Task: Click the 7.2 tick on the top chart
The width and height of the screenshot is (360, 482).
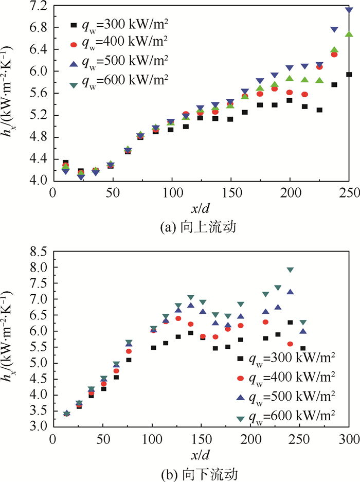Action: [x=39, y=6]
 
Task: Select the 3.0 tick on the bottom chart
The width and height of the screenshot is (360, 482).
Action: [x=39, y=427]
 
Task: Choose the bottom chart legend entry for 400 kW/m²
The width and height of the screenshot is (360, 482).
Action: [x=285, y=377]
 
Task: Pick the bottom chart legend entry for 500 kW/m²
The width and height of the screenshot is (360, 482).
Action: [x=285, y=396]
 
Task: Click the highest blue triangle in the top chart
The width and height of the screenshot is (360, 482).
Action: [x=349, y=10]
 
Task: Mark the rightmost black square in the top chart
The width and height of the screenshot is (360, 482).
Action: [x=349, y=75]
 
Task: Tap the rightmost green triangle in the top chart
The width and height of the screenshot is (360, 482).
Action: [x=349, y=34]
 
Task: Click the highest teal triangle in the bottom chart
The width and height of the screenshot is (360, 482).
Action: [x=290, y=270]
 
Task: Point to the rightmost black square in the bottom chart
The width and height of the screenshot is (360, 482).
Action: [x=303, y=348]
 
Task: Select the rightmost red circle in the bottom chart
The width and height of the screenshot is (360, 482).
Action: [x=290, y=344]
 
